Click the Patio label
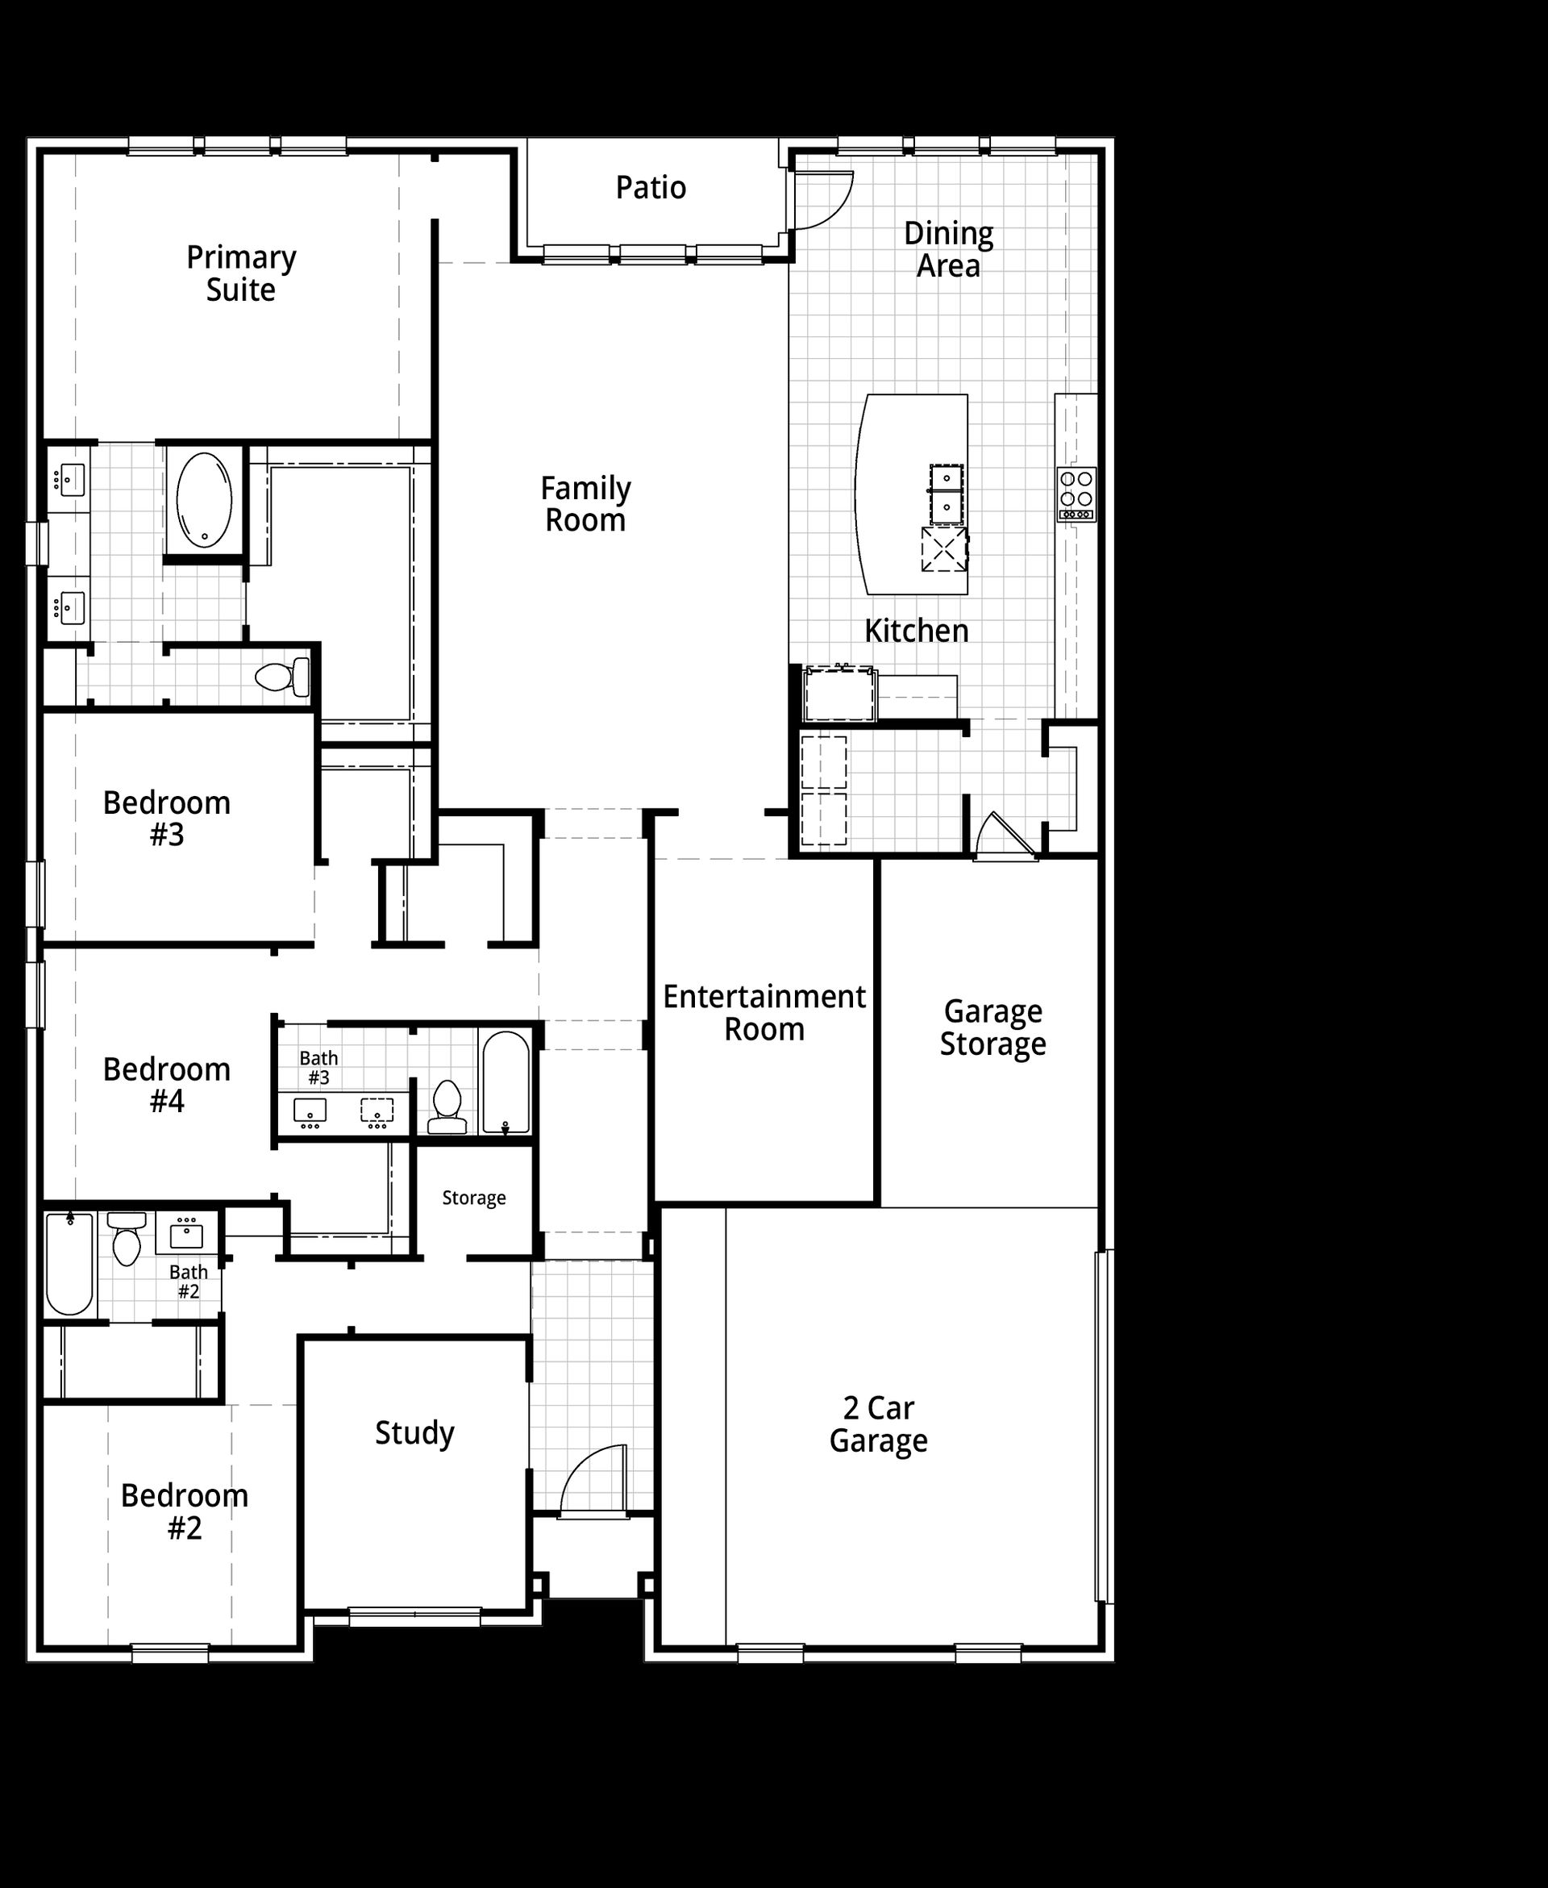click(651, 188)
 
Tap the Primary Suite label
click(241, 273)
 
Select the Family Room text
click(585, 504)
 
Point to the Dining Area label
click(948, 250)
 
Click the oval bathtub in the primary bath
click(204, 499)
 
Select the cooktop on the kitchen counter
click(1076, 494)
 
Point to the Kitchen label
click(916, 631)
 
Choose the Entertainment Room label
click(764, 1012)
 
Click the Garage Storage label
click(992, 1027)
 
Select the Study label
click(414, 1433)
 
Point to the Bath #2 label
click(188, 1282)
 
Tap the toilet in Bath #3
click(446, 1107)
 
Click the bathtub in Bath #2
click(69, 1263)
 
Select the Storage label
click(473, 1198)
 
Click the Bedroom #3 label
click(167, 819)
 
